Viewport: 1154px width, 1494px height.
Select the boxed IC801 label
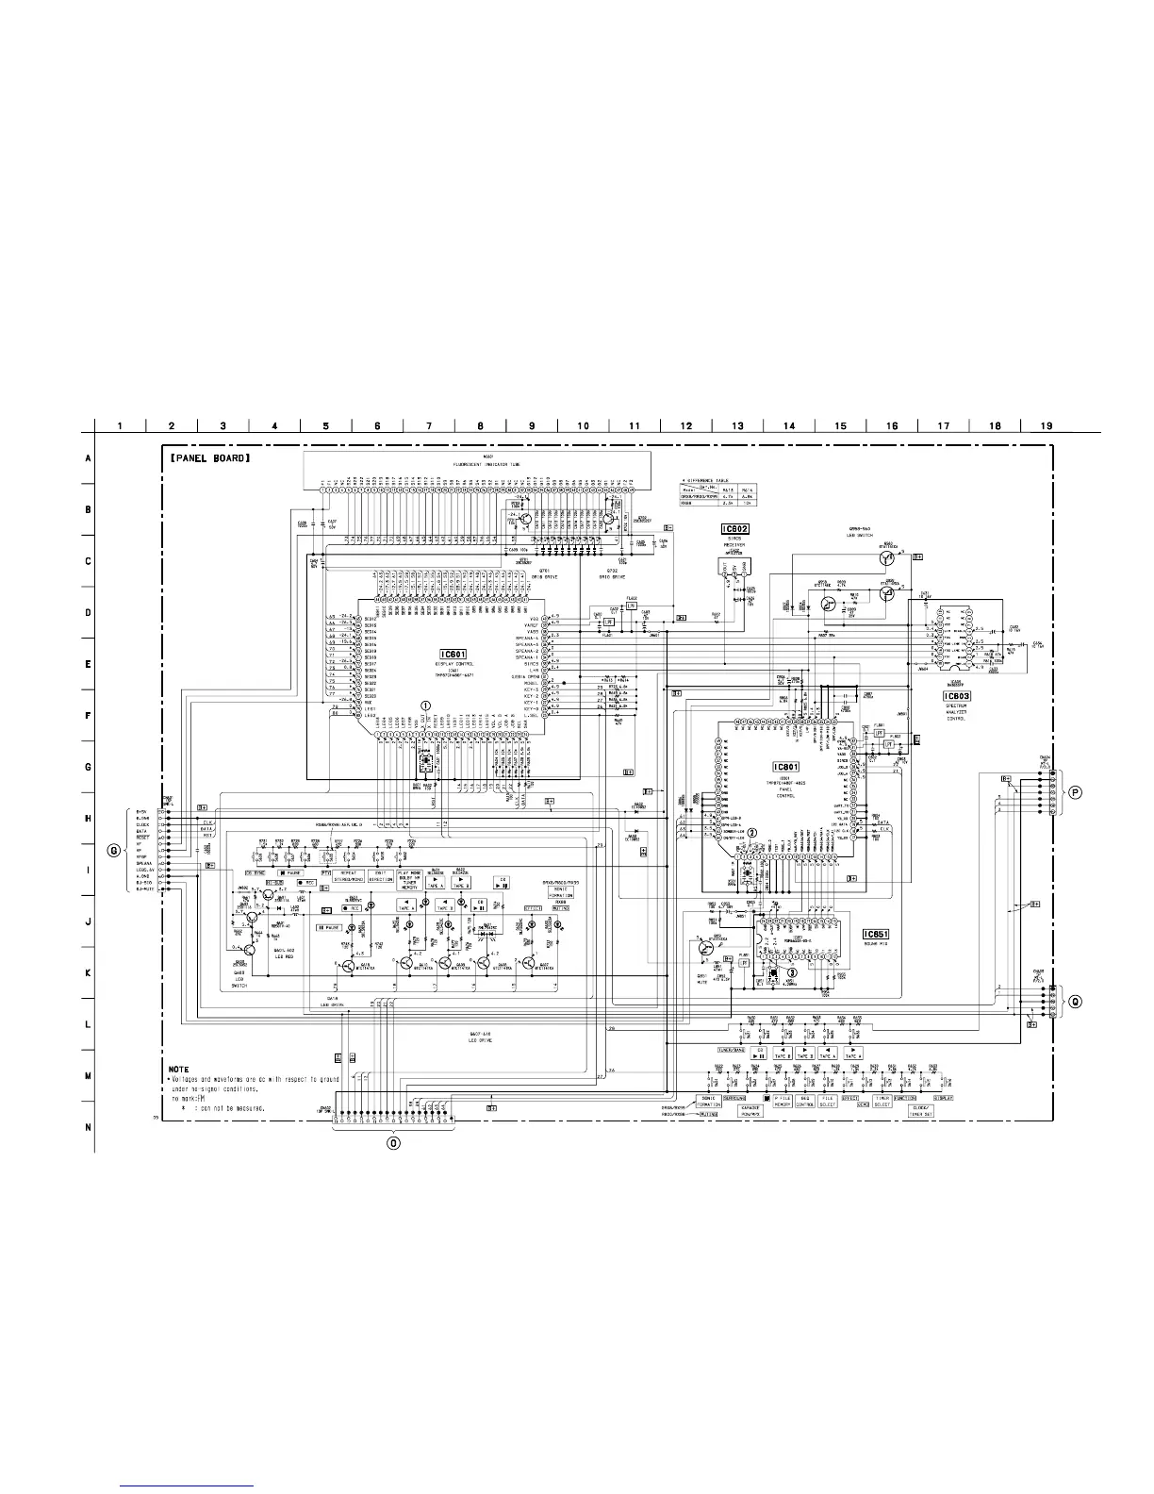click(785, 768)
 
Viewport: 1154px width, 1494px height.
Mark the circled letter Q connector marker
click(1073, 1001)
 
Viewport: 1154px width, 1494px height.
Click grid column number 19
click(1047, 425)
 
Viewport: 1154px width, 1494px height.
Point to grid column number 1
click(121, 425)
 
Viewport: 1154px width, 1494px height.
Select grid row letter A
click(88, 458)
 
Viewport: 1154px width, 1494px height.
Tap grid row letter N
click(88, 1126)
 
